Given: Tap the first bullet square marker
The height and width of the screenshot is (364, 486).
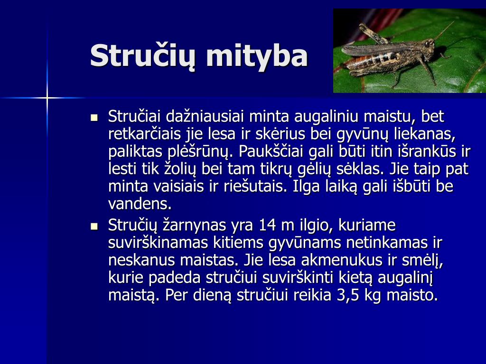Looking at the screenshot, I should (93, 117).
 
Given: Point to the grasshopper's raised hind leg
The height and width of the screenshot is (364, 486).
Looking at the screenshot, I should (373, 33).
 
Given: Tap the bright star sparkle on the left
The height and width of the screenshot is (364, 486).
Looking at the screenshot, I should (47, 98).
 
